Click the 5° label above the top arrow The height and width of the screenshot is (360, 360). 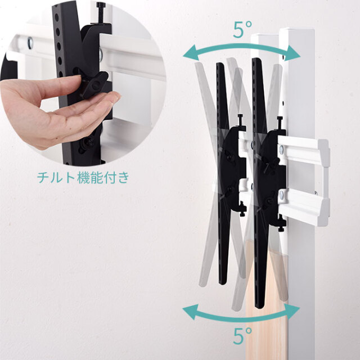242,29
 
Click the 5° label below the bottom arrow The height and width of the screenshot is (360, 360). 242,336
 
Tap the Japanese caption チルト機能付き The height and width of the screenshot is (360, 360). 83,178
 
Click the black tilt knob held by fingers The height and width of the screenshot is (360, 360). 94,84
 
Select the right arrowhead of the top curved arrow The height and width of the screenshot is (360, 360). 293,53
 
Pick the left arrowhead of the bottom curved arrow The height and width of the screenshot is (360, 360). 190,312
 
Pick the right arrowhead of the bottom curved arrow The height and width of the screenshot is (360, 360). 292,311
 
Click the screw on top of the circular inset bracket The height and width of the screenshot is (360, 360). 101,12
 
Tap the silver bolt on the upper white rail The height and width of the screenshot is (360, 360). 281,150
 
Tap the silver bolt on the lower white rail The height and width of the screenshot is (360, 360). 281,195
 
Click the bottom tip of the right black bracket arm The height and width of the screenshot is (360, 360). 260,307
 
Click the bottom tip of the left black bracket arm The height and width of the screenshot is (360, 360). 223,283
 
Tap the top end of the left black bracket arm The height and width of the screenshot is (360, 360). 220,64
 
